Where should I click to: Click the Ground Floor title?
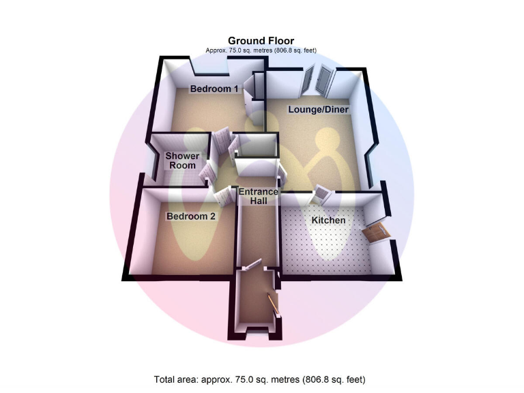[261, 41]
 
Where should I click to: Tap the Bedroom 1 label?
[214, 89]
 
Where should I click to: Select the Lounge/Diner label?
[319, 109]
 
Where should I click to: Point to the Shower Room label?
[181, 161]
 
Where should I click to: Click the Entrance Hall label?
[258, 196]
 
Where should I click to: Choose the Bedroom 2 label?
[191, 217]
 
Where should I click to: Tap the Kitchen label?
[328, 221]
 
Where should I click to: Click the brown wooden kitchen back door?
[376, 232]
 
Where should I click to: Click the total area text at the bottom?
[261, 379]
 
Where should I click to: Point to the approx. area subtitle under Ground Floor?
[261, 50]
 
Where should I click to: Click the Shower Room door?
[205, 175]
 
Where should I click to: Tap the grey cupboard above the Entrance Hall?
[255, 146]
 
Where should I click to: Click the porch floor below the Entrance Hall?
[255, 307]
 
